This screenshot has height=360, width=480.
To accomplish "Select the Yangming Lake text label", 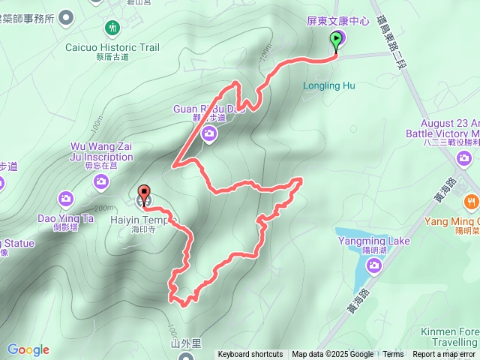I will [373, 241].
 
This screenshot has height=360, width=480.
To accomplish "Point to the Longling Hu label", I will [328, 85].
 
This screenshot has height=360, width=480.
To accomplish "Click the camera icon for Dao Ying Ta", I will [67, 198].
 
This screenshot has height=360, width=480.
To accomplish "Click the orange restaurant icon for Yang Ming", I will [471, 201].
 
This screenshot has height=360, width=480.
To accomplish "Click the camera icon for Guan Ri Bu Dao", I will [209, 134].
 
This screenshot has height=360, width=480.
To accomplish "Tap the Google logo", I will [28, 349].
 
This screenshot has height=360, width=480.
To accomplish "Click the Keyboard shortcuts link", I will [250, 355].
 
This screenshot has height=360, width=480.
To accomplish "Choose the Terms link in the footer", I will [393, 355].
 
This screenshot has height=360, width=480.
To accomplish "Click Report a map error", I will [444, 355].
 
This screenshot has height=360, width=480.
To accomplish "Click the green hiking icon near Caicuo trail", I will [112, 28].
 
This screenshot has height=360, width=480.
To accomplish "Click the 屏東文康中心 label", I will [338, 22].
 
